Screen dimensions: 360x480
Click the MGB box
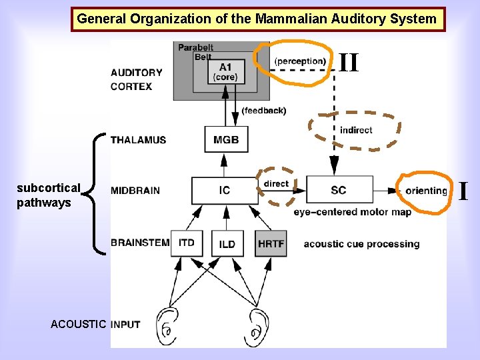221,140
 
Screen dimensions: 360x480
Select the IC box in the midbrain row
224,191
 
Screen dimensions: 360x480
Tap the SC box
339,191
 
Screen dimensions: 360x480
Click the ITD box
187,243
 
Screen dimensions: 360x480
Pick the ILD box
227,243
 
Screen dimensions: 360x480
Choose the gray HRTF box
271,243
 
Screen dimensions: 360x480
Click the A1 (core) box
226,72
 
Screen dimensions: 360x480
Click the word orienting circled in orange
426,191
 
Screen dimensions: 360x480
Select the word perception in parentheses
300,61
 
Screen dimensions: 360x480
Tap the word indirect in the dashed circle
356,130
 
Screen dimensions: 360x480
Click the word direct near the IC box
276,183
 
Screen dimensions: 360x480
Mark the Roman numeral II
349,63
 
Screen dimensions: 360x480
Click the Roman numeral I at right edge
463,191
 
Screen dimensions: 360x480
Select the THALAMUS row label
138,140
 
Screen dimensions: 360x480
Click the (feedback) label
263,111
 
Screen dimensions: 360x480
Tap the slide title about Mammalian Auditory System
257,19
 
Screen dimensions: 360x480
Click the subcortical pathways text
48,195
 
